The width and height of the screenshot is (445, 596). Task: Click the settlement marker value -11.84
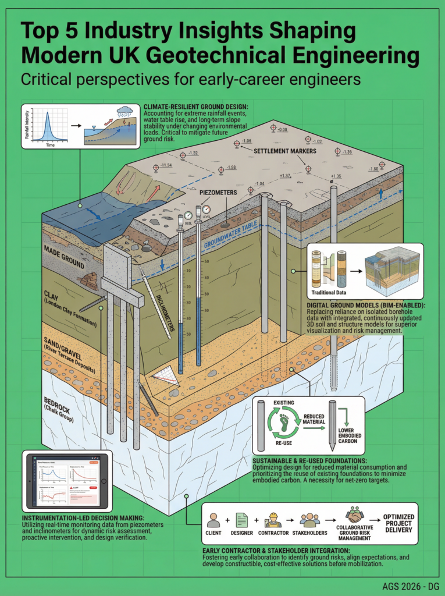point(166,166)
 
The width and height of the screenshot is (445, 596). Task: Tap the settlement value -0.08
point(283,129)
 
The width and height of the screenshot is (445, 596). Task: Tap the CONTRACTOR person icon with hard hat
point(272,519)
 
